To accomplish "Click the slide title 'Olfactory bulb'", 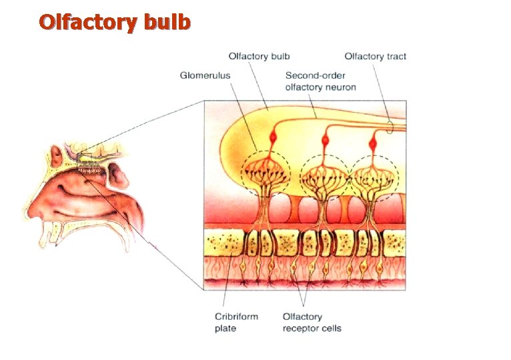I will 115,23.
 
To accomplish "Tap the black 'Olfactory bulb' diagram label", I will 259,57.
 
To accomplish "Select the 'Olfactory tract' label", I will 375,57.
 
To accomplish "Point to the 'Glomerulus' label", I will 205,75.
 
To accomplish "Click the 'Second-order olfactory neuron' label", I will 320,81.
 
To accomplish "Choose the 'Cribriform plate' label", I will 236,323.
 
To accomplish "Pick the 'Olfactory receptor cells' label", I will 312,323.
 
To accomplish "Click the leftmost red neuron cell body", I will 273,137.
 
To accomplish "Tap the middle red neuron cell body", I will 326,141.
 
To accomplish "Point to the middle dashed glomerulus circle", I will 324,177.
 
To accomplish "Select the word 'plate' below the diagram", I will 225,329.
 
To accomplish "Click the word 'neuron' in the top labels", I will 342,87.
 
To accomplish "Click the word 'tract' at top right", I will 394,57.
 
